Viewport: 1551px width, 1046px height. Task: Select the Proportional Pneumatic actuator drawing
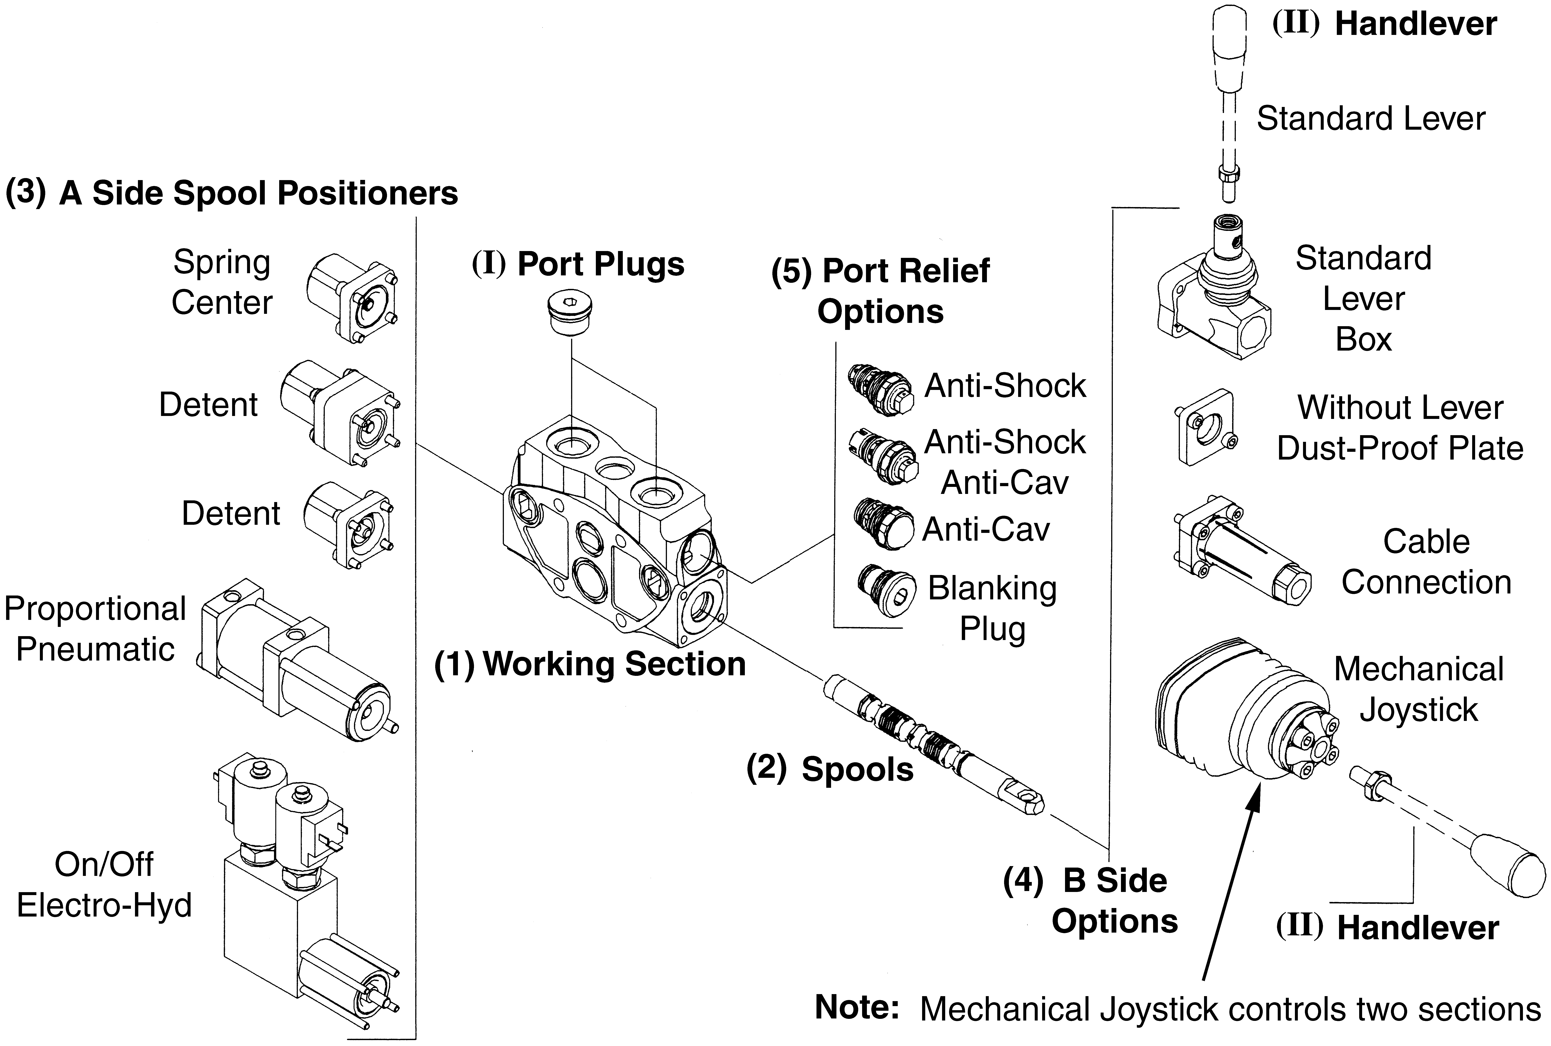click(293, 660)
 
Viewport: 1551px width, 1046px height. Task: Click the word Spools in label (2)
click(857, 769)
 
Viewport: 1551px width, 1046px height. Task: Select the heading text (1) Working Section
click(590, 664)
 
